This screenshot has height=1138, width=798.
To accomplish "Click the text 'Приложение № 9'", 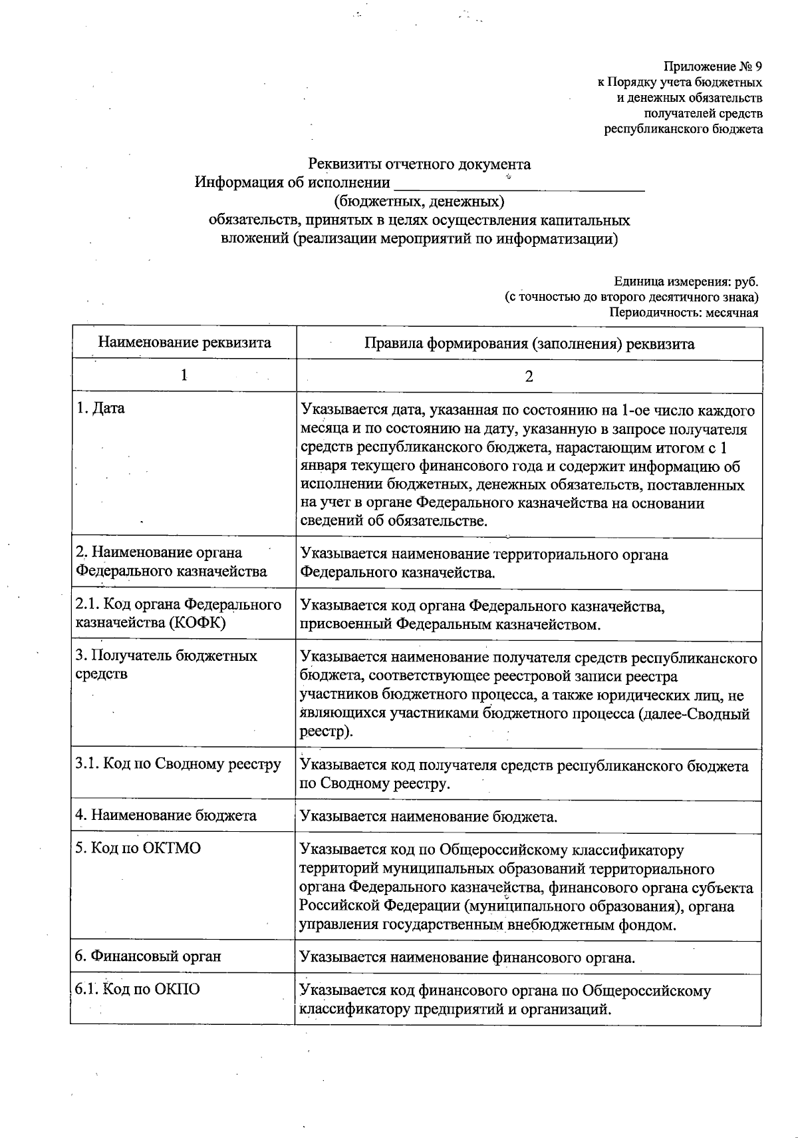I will [712, 67].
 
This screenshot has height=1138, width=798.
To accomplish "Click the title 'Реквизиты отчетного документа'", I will [420, 164].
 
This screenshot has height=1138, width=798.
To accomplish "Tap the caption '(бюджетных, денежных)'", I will [419, 201].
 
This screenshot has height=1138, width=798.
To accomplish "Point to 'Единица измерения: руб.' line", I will [686, 282].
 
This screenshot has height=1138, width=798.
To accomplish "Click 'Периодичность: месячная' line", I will [684, 312].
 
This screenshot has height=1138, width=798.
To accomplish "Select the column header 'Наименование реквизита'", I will [184, 343].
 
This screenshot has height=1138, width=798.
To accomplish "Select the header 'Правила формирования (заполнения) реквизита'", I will [529, 343].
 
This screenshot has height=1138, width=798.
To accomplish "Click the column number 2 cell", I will [529, 376].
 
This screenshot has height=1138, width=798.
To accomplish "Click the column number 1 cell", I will [184, 375].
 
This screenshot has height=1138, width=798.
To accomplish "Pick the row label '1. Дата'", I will [100, 409].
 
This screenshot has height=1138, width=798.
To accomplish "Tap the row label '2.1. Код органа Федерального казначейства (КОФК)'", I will [178, 614].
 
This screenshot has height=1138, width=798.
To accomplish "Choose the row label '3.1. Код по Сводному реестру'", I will [178, 764].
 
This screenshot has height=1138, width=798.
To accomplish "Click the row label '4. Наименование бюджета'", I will [166, 815].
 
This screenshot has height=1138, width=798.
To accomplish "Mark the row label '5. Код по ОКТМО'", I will [138, 849].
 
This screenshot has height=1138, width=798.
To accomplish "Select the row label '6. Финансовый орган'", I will [148, 956].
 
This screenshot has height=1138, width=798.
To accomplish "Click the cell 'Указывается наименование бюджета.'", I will [429, 816].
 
